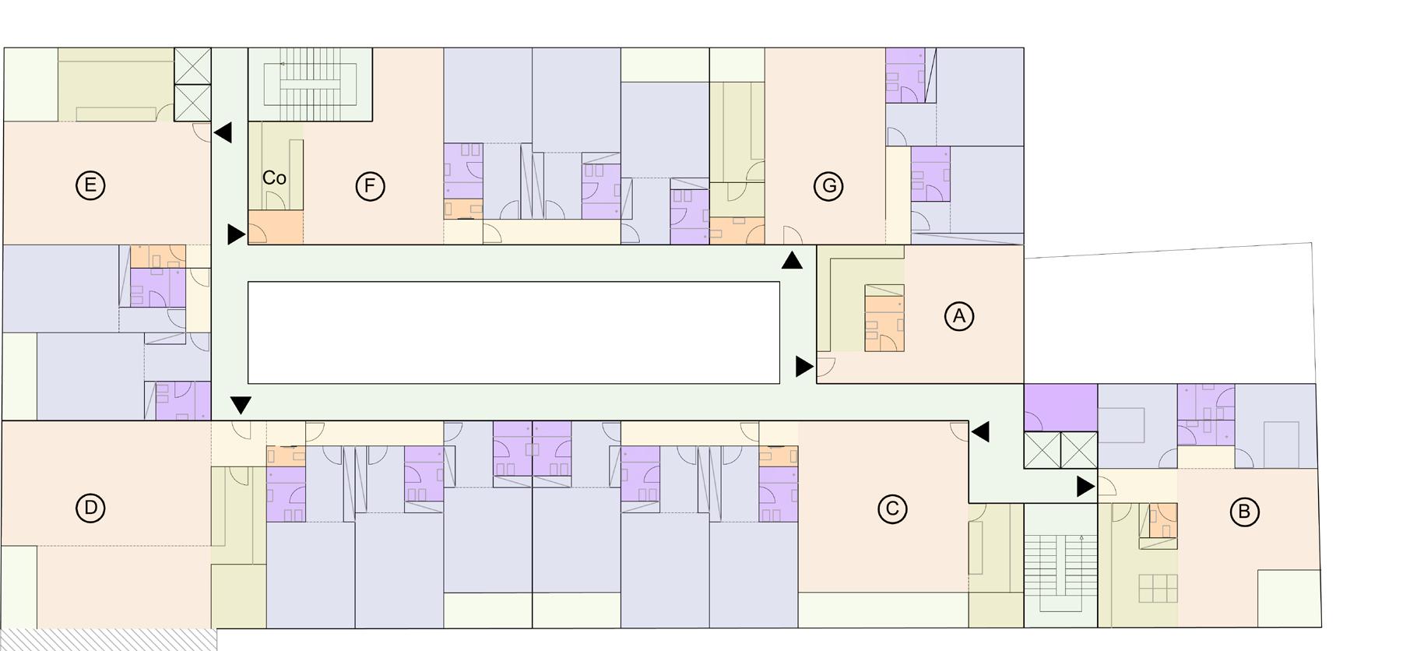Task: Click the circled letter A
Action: tap(958, 316)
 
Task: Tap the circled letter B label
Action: tap(1243, 512)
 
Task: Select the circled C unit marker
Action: tap(892, 508)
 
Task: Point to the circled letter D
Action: tap(90, 508)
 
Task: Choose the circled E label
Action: tap(90, 185)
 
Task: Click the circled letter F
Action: tap(370, 186)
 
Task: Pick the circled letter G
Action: tap(828, 186)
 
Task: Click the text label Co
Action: tap(274, 178)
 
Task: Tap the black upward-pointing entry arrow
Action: tap(792, 261)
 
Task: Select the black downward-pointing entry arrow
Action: tap(241, 405)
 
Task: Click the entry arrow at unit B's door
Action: tap(1085, 487)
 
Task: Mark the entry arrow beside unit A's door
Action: tap(803, 366)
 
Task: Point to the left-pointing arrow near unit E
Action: tap(223, 132)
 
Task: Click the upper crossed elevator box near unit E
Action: tap(192, 66)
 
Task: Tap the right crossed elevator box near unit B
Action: tap(1079, 450)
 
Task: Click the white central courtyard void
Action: tap(513, 333)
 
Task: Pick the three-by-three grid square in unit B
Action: tap(1157, 588)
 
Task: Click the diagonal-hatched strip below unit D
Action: tap(108, 639)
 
